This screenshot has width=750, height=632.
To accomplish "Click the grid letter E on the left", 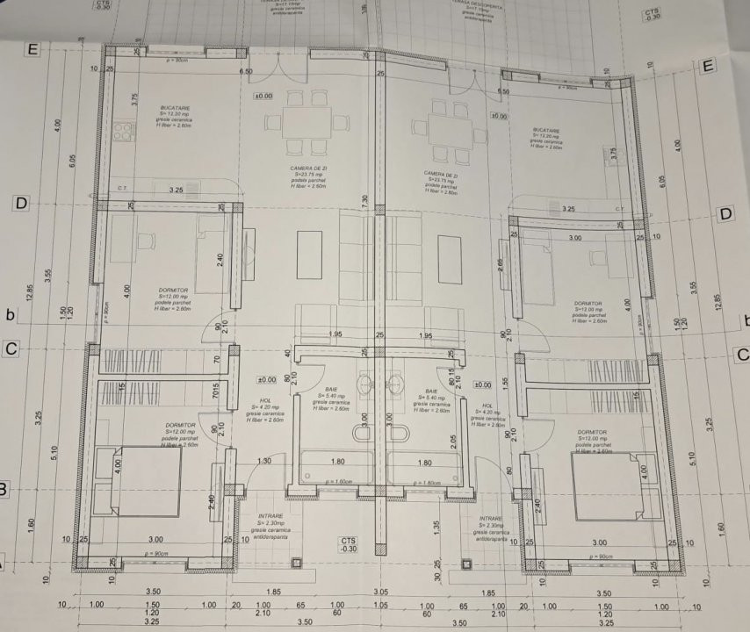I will pos(33,49).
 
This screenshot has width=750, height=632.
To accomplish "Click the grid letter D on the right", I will pos(725,214).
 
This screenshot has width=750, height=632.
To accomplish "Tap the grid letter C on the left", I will pos(11,348).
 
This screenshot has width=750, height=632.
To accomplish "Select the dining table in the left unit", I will pos(306,122).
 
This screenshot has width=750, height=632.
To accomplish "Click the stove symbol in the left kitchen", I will pos(123,133).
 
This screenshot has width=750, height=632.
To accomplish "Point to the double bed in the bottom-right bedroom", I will pos(607,485).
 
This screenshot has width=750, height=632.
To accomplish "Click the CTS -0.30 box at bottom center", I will pos(349,544).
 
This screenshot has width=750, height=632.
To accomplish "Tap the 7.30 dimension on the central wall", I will pos(364,200).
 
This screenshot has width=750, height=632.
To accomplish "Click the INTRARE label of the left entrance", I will pos(271,516).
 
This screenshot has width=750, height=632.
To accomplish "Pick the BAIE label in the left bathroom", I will pos(332,389).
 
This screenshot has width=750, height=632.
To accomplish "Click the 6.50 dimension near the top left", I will pos(246,72).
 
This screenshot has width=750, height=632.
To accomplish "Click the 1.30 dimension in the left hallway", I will pos(264,461).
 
